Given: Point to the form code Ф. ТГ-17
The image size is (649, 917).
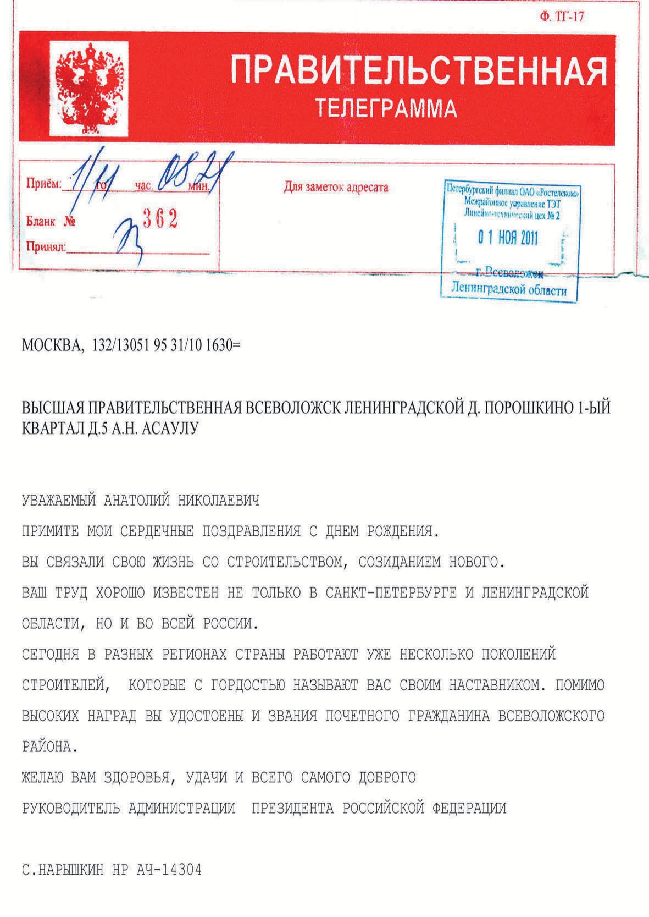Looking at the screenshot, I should pyautogui.click(x=562, y=17).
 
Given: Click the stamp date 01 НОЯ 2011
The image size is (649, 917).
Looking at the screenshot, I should pyautogui.click(x=507, y=238).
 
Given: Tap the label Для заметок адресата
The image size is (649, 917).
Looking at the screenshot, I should pyautogui.click(x=336, y=188).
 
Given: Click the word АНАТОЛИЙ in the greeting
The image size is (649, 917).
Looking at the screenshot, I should pyautogui.click(x=134, y=501).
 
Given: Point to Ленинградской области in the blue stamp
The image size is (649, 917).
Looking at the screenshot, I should pyautogui.click(x=508, y=289).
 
